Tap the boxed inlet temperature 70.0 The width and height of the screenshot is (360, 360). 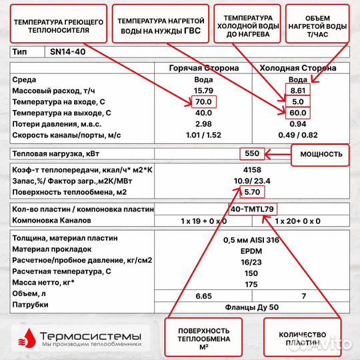click(202, 101)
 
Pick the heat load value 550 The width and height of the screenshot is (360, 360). click(252, 153)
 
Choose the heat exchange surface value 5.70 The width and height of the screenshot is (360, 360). click(251, 192)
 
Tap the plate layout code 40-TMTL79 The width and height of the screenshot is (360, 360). click(251, 209)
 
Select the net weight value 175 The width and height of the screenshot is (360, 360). click(251, 284)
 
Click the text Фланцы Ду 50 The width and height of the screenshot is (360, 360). click(251, 307)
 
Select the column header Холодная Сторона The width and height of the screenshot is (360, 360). click(297, 68)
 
